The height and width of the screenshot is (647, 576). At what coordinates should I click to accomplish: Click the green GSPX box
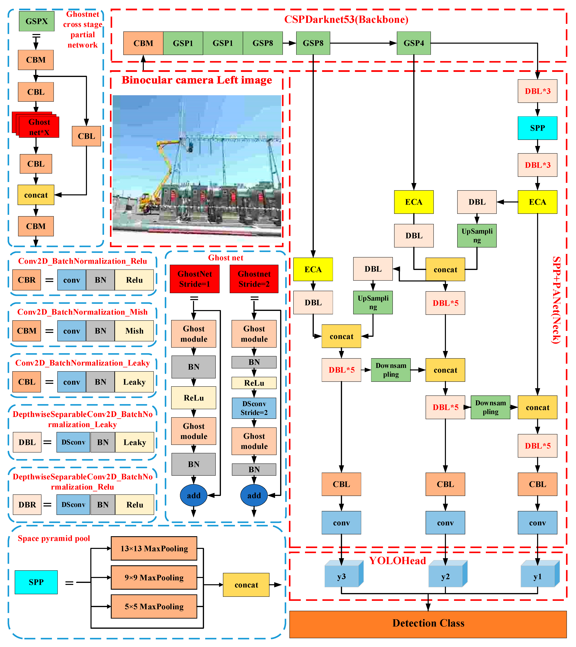click(36, 21)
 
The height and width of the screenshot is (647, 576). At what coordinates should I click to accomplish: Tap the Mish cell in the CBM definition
click(134, 331)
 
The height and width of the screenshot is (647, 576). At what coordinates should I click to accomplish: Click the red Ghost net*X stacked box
click(39, 127)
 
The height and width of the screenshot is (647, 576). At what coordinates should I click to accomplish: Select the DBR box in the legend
click(27, 505)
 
